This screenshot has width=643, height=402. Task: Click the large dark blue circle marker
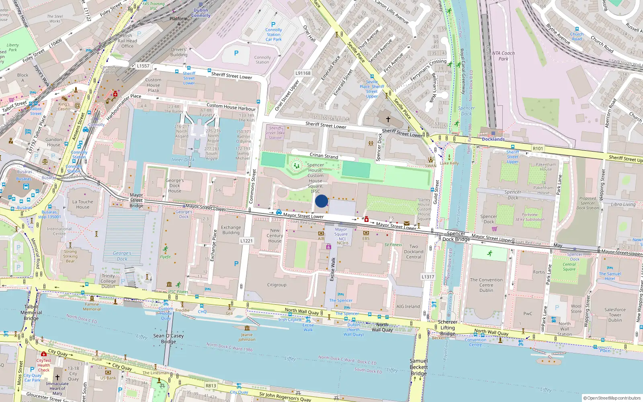(321, 201)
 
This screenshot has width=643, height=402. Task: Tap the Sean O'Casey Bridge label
(168, 338)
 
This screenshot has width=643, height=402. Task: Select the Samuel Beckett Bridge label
(419, 367)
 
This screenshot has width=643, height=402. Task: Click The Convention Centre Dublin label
(486, 285)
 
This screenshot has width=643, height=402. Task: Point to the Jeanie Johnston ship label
(247, 337)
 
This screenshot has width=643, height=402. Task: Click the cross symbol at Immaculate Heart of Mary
(57, 377)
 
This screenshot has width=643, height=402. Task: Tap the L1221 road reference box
(247, 241)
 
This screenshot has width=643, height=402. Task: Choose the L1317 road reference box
(428, 277)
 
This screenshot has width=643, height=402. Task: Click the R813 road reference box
(211, 386)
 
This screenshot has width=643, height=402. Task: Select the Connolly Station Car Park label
(274, 35)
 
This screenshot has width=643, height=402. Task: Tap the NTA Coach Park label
(503, 56)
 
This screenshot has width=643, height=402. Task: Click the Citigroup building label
(277, 285)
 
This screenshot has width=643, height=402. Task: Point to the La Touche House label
(83, 205)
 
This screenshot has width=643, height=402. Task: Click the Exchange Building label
(231, 230)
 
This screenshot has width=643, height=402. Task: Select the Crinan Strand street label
(324, 156)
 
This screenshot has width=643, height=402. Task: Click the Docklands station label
(493, 139)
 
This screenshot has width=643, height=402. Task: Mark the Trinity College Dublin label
(108, 281)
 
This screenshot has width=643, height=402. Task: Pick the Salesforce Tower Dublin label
(615, 315)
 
